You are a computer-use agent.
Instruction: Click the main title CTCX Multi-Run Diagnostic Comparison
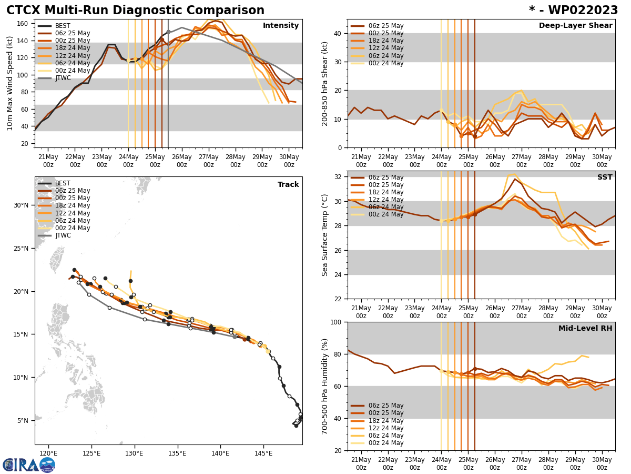(135, 11)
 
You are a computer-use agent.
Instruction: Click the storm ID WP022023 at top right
(573, 11)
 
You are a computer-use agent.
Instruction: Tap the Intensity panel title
(281, 26)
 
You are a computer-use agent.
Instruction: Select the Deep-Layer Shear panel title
(575, 26)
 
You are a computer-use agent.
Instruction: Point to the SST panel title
(604, 177)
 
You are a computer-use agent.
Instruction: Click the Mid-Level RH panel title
(585, 329)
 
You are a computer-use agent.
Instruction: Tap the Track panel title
(288, 185)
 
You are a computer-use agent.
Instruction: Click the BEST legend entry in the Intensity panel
(62, 26)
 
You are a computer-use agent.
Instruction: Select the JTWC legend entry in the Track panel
(62, 235)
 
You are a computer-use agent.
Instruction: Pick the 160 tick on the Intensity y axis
(24, 24)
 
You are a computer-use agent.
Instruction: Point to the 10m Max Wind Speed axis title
(10, 83)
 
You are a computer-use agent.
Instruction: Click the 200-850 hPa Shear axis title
(325, 83)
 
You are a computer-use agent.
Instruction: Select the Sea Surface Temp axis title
(325, 235)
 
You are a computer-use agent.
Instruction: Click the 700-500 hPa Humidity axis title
(325, 386)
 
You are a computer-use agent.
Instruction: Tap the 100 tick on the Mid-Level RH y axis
(334, 322)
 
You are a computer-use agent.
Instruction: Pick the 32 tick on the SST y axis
(338, 176)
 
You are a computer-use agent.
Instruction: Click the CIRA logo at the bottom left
(28, 465)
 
